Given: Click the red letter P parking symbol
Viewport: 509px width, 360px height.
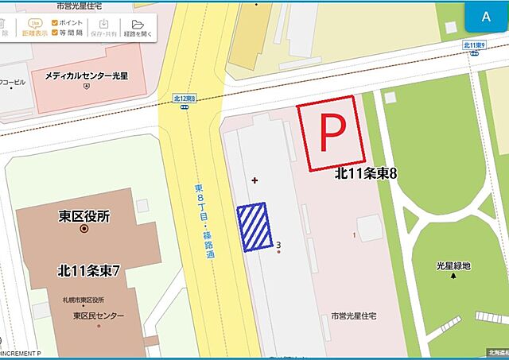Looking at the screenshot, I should tap(331, 134).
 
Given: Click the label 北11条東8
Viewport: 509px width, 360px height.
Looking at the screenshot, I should tap(365, 174).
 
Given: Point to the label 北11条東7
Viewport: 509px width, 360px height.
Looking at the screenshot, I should tap(88, 270).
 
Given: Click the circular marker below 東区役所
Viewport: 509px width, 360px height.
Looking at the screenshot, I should tap(84, 229).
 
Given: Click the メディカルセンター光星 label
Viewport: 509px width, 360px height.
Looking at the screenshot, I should tap(87, 76).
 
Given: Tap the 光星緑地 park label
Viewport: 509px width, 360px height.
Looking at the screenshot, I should tap(453, 265).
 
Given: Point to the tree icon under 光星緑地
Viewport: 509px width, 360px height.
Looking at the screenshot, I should tap(454, 277).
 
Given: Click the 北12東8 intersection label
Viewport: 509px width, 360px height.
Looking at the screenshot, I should tap(185, 99).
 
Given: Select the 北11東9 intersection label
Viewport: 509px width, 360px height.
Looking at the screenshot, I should tap(475, 45).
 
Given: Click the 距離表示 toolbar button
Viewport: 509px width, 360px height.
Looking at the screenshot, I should tap(34, 29).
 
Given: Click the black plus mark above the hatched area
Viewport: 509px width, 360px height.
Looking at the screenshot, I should tap(254, 180).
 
